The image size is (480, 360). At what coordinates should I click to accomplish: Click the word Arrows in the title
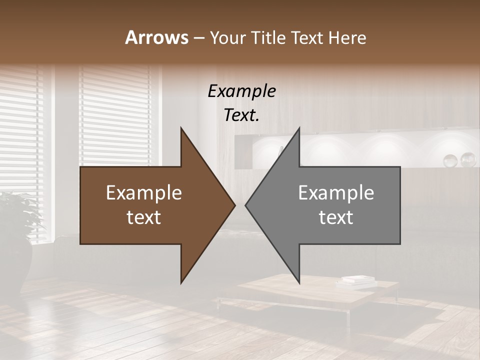pos(156,37)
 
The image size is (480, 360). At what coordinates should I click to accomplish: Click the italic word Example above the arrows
pos(241,91)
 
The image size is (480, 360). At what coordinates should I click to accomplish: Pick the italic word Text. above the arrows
pos(241,115)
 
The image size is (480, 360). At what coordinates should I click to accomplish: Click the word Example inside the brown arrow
pos(144,193)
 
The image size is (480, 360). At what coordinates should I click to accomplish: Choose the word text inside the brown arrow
pos(144,217)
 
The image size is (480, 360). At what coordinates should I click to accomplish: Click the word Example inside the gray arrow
pos(336,193)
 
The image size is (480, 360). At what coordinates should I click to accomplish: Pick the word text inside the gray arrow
pos(336,217)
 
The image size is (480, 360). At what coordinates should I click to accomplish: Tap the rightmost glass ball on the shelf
pos(468,159)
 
